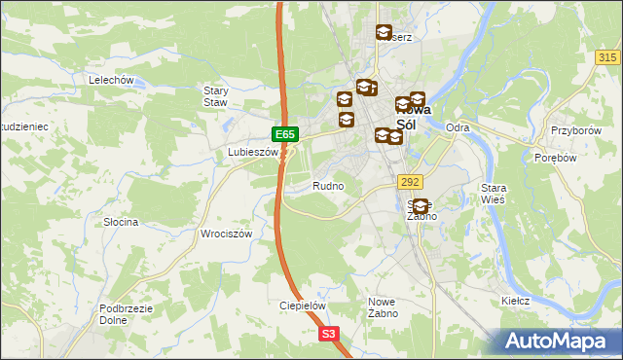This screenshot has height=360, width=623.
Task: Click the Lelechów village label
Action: point(110,80)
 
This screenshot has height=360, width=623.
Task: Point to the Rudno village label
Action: point(328,185)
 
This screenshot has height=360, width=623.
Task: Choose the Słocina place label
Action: point(121,222)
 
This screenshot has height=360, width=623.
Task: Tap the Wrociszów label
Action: point(226,234)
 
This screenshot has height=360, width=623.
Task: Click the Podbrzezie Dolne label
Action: point(123,314)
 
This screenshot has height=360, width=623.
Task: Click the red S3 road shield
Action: point(330,334)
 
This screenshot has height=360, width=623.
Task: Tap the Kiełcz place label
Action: point(515,301)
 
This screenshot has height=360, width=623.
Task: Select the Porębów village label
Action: point(559,158)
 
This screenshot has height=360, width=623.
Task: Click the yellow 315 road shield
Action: point(607,58)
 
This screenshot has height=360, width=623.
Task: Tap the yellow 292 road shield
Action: point(409,181)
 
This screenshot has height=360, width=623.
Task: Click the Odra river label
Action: point(458,127)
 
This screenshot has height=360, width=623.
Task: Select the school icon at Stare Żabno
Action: point(421,205)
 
